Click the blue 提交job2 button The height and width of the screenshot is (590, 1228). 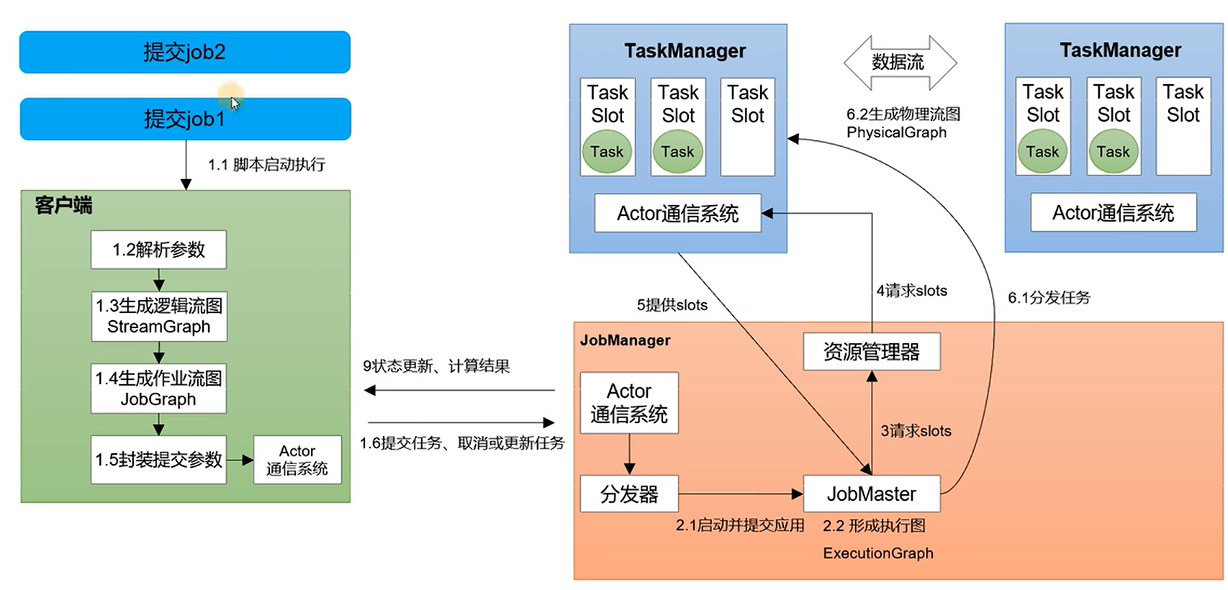tap(184, 52)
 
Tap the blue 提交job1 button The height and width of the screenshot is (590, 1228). tap(184, 119)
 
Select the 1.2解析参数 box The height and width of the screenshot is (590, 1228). tap(158, 250)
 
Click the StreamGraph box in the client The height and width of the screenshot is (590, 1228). tap(158, 317)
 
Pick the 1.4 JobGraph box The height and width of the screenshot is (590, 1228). tap(158, 389)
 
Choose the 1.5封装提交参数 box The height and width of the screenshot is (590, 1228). tap(158, 459)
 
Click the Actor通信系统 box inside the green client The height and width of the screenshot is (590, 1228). tap(297, 460)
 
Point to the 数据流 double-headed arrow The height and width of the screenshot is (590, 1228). tap(899, 63)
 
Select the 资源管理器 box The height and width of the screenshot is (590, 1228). tap(871, 352)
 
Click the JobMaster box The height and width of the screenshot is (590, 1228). tap(871, 494)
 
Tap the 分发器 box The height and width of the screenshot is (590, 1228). tap(629, 494)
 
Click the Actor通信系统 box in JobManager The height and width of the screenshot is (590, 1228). tap(629, 403)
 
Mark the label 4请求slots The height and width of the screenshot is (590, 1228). tap(911, 291)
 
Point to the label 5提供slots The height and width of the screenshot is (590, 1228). tap(672, 305)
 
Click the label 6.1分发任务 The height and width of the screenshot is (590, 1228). tap(1049, 298)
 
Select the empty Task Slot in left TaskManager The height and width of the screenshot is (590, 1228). tap(747, 127)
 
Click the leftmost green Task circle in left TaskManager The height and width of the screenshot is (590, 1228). tap(607, 152)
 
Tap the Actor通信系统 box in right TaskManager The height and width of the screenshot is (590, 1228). tap(1113, 213)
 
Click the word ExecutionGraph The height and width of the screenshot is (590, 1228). tap(877, 553)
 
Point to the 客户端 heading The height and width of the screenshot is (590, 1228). tap(63, 206)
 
